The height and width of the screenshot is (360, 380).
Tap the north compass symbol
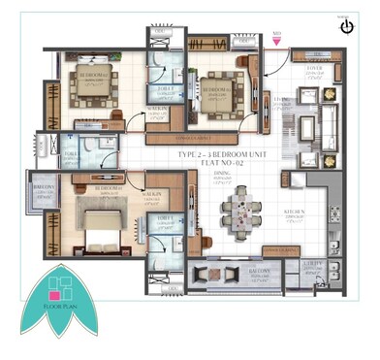tap(347, 27)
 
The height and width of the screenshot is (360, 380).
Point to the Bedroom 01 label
tap(109, 187)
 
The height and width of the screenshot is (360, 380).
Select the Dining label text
tap(222, 177)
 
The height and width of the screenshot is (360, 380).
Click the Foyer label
tap(312, 70)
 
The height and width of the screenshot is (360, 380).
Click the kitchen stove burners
tap(334, 214)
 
